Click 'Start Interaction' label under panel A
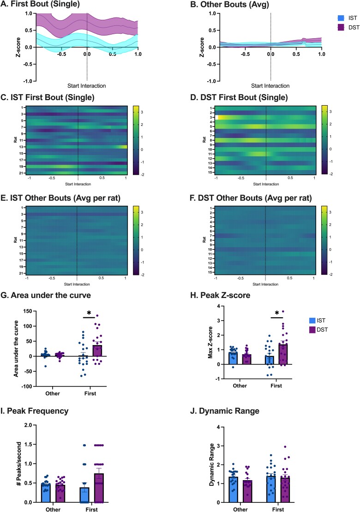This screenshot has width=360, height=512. [x=86, y=86]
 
